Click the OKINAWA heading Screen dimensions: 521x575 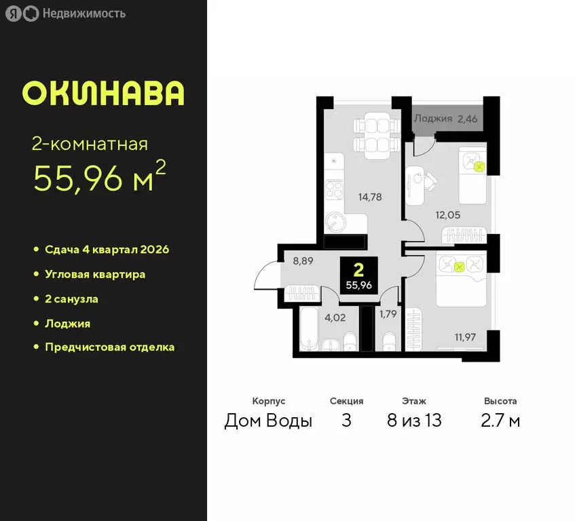(103, 94)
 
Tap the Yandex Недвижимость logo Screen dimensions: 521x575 (65, 14)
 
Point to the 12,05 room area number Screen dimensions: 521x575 (448, 215)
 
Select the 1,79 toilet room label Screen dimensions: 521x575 (388, 313)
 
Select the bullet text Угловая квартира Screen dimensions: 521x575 (95, 275)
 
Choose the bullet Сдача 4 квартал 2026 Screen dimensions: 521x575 (107, 250)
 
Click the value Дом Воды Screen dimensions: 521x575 (268, 421)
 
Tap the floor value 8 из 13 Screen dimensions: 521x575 (413, 421)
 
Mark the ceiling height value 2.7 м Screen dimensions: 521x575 (500, 421)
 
